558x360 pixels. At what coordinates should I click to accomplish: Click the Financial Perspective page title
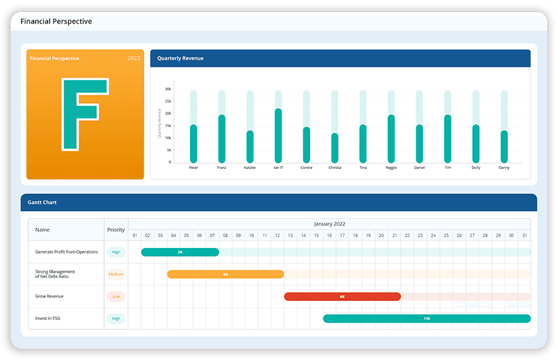56,22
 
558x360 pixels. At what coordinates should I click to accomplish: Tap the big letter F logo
85,114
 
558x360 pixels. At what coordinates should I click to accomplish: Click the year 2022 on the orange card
133,59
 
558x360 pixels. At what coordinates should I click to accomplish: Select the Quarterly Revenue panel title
180,59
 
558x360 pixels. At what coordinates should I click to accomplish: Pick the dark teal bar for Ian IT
278,135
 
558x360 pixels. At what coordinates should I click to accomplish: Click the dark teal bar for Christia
335,148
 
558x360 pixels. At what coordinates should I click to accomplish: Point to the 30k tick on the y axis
168,90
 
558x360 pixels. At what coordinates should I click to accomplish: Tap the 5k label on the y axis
169,150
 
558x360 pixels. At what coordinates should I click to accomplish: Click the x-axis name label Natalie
250,168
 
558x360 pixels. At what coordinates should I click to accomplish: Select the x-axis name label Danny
504,168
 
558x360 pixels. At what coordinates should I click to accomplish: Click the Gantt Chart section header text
43,202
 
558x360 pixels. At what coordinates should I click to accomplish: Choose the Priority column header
116,230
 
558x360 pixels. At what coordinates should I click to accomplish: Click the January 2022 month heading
329,224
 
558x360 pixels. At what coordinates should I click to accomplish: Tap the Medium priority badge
116,275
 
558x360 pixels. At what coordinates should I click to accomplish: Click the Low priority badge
116,296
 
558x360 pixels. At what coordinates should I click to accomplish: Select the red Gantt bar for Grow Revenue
342,296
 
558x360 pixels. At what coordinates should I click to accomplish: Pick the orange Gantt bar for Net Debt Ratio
225,274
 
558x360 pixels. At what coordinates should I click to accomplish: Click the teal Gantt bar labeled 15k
426,319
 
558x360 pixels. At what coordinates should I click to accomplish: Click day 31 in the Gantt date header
524,235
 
